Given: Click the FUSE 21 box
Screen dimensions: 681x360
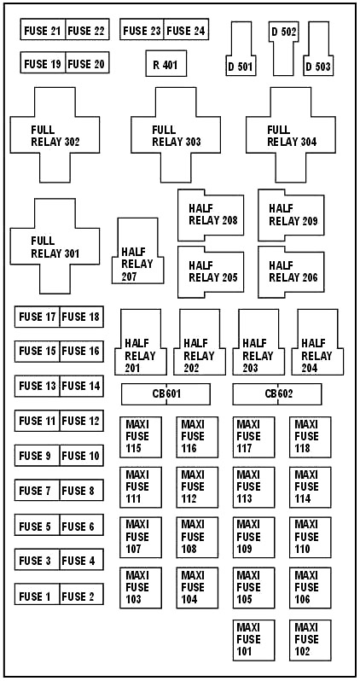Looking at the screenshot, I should pos(44,31).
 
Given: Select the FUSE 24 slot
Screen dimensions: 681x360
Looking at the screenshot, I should pos(185,31).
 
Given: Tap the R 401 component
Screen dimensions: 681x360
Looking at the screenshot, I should pos(165,64).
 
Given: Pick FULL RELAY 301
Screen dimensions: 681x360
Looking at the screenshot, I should pos(55,247).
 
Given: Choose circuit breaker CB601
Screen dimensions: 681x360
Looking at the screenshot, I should pos(165,394).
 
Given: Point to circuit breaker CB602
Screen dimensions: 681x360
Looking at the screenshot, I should pos(277,394).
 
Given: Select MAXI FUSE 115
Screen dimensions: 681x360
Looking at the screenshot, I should pos(140,437).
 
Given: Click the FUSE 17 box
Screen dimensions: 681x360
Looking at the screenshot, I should pos(37,317).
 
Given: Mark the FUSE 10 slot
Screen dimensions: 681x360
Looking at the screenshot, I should pos(81,456).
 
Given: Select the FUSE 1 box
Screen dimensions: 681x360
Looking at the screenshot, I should pos(37,596).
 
